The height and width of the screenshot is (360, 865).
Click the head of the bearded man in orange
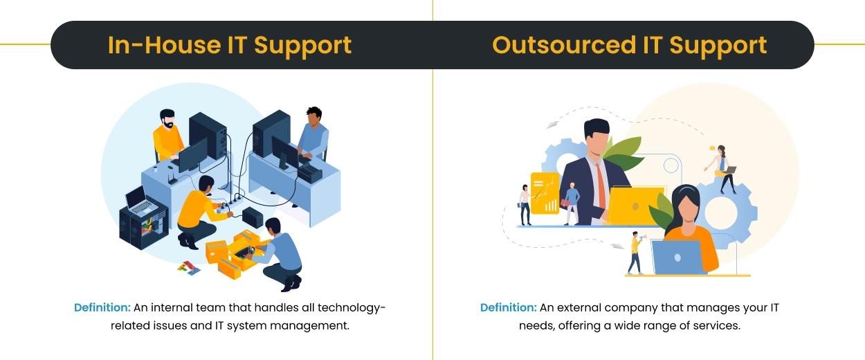click(167, 117)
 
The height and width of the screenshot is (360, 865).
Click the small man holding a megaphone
click(635, 253)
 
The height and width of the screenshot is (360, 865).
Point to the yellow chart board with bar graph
click(545, 193)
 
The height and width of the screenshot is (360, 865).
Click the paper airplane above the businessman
click(552, 125)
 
